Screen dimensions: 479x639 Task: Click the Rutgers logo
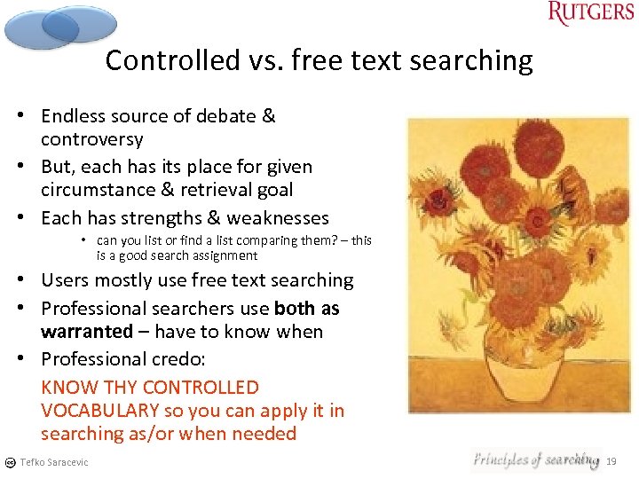click(590, 14)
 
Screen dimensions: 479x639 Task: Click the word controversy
click(91, 139)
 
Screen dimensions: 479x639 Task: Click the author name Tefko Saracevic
click(54, 462)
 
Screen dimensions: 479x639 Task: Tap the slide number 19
click(611, 461)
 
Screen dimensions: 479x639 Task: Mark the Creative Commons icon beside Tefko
click(10, 462)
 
